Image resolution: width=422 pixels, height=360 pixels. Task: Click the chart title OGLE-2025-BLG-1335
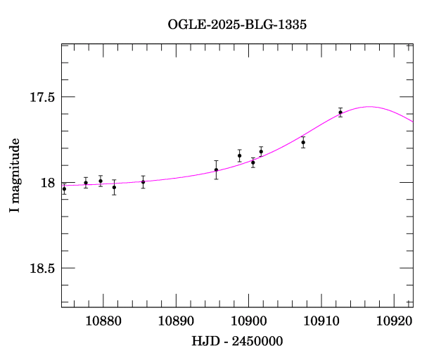238,24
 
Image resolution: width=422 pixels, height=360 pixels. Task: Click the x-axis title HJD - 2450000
237,341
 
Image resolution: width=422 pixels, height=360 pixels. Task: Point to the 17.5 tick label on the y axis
41,97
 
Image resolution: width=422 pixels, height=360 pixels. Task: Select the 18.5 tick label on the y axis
41,269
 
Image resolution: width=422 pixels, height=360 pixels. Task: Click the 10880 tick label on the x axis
103,321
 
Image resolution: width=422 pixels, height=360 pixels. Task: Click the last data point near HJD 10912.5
340,112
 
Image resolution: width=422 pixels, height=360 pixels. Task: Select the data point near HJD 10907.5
303,142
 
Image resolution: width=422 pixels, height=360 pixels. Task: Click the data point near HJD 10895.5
216,169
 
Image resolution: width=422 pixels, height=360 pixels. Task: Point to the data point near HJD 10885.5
143,181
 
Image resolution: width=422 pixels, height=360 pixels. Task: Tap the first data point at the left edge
64,188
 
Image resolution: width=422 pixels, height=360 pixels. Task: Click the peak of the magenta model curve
369,107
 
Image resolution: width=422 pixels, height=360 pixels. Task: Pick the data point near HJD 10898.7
240,155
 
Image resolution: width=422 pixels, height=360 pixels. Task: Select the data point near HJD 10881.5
114,187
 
